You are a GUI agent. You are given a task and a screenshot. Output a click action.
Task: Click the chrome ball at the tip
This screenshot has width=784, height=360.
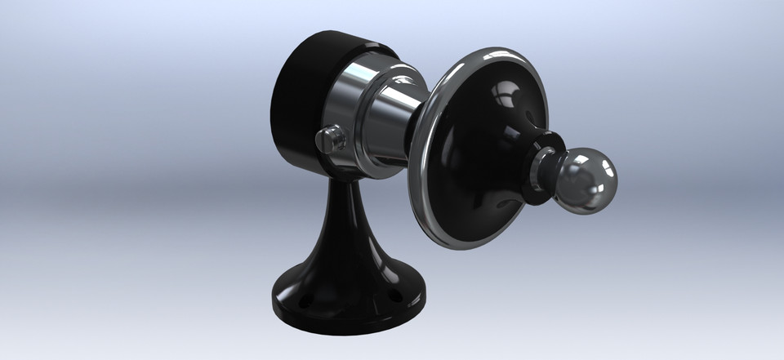point(586,180)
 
